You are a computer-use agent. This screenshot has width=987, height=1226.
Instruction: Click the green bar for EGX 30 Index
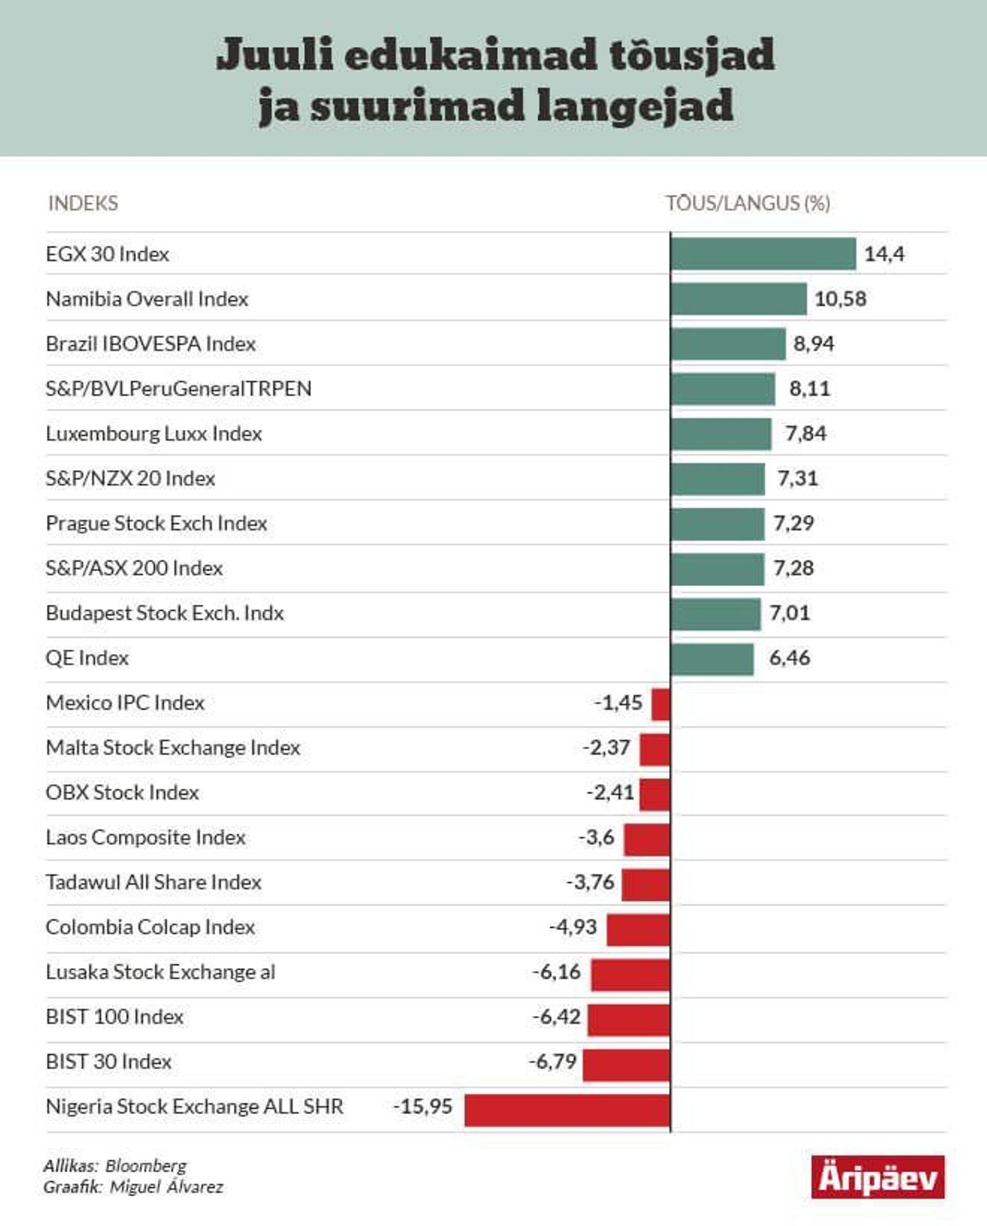pyautogui.click(x=763, y=253)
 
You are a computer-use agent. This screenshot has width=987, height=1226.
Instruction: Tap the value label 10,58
pyautogui.click(x=840, y=299)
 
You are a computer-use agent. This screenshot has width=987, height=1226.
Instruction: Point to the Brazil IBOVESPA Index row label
pyautogui.click(x=151, y=343)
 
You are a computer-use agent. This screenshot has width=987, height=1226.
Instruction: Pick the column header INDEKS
pyautogui.click(x=83, y=203)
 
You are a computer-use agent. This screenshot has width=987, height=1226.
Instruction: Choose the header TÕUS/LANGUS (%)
pyautogui.click(x=748, y=203)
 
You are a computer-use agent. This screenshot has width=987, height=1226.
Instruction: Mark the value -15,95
pyautogui.click(x=423, y=1106)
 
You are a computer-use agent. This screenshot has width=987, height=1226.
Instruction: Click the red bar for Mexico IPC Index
pyautogui.click(x=661, y=703)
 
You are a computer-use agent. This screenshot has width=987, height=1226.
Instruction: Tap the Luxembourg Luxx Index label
pyautogui.click(x=154, y=433)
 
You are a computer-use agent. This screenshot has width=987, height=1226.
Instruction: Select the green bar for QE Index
pyautogui.click(x=712, y=659)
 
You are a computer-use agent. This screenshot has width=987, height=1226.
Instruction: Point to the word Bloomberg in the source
pyautogui.click(x=146, y=1166)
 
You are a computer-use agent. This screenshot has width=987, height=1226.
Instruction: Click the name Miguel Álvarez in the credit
pyautogui.click(x=166, y=1187)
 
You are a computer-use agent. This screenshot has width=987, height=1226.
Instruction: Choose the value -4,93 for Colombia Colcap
pyautogui.click(x=573, y=927)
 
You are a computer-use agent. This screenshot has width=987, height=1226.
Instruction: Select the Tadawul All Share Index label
pyautogui.click(x=154, y=882)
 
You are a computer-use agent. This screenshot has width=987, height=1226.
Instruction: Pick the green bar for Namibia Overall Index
pyautogui.click(x=739, y=299)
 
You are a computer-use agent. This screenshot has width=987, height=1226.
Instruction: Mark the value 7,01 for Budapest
pyautogui.click(x=790, y=613)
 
